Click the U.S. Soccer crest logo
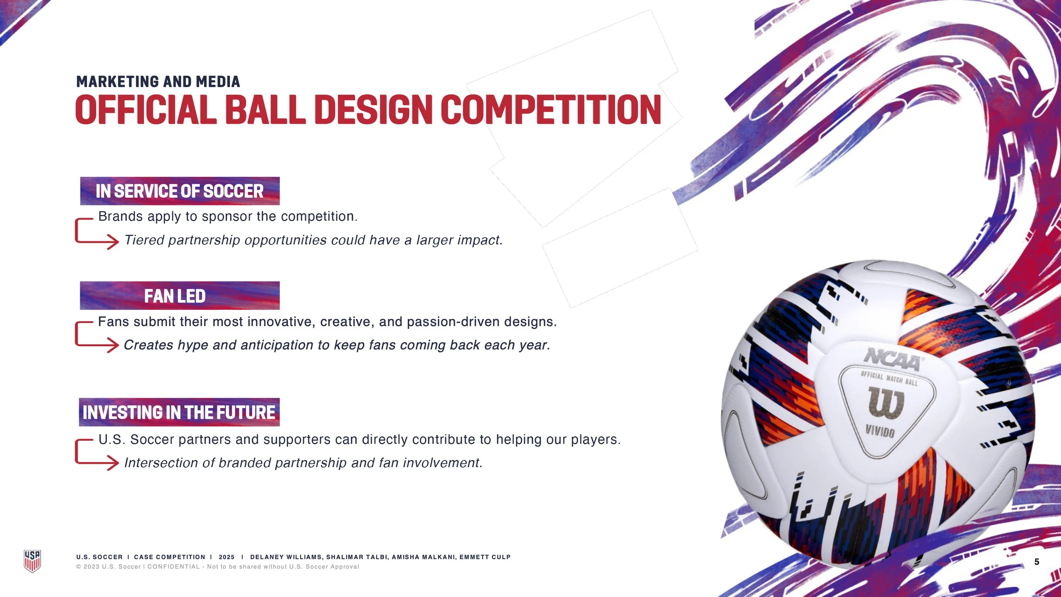pos(32,561)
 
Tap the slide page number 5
pos(1036,562)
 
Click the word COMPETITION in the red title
pos(551,110)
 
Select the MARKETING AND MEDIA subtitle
pos(158,82)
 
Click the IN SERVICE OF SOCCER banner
pos(180,191)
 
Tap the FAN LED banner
pos(180,296)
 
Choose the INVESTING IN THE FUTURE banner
pos(179,412)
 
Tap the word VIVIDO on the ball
pos(880,432)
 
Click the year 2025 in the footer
pos(227,557)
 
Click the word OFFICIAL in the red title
pos(146,110)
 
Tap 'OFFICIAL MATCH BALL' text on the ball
pos(889,378)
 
